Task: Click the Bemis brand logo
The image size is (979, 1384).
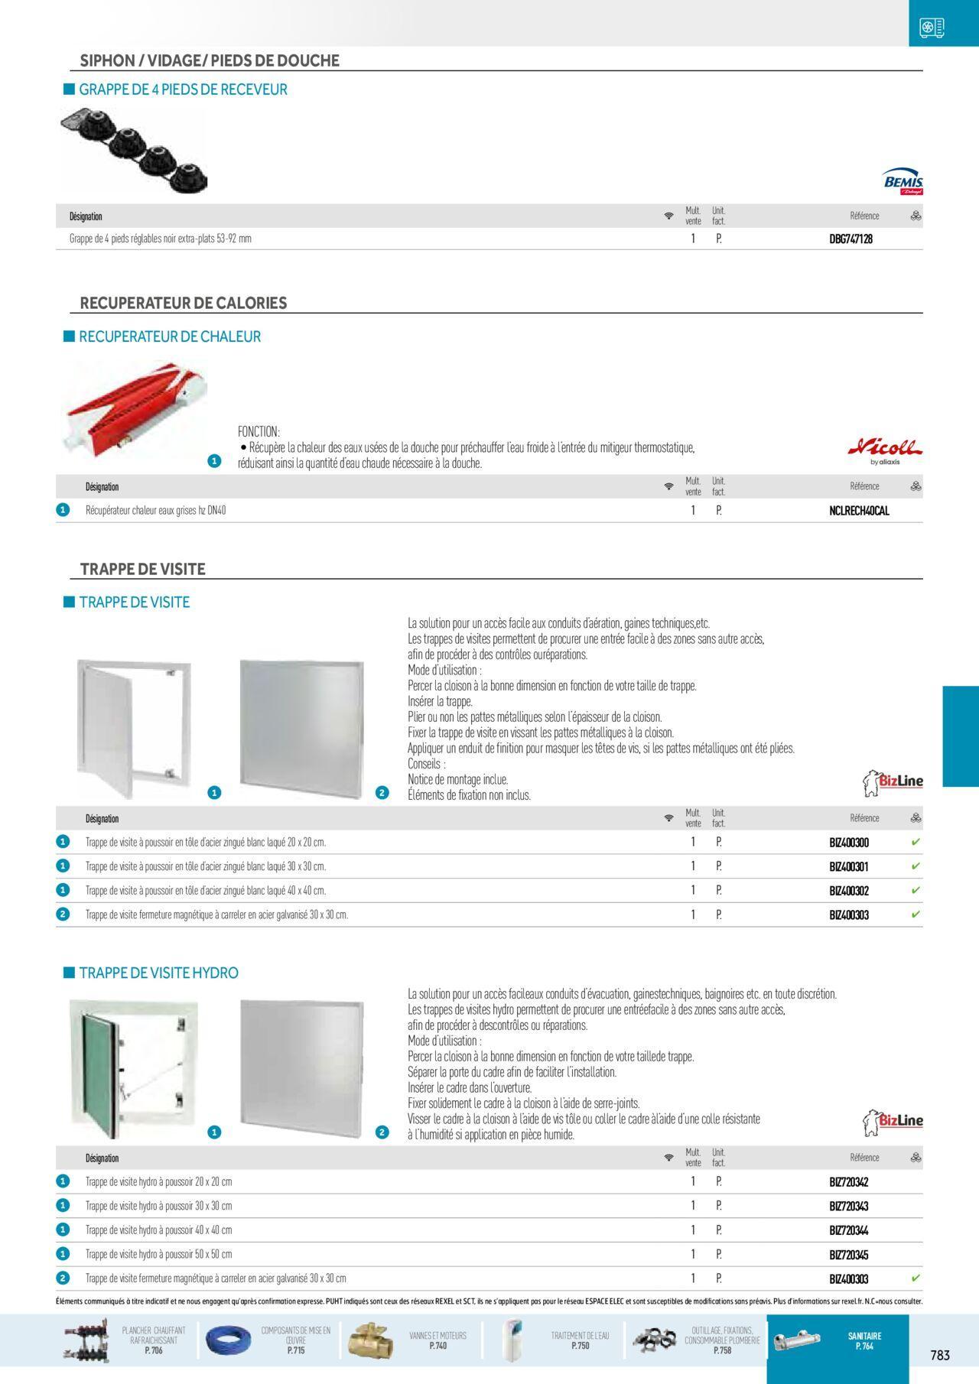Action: [x=903, y=182]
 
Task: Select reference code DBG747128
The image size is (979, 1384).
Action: [x=851, y=239]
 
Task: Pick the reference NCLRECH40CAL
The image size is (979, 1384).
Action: [x=859, y=511]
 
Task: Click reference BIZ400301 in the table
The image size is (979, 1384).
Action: [x=849, y=867]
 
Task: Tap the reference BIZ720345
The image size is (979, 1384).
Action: [x=849, y=1255]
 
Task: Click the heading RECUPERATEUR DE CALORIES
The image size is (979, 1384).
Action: [x=184, y=303]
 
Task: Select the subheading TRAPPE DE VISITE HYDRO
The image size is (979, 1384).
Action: [x=159, y=973]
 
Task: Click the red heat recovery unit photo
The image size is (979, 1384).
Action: [x=135, y=409]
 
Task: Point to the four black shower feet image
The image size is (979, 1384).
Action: [x=136, y=151]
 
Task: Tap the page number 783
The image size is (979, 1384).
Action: [x=940, y=1355]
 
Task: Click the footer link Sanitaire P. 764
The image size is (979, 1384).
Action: [x=864, y=1341]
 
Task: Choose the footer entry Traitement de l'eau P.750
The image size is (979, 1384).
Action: [x=580, y=1340]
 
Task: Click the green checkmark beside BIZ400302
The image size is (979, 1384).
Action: [x=916, y=891]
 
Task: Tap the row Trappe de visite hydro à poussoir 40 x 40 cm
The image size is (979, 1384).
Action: [x=158, y=1230]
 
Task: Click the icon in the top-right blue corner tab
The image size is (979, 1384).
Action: [x=932, y=28]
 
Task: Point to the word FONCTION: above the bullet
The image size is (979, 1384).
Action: [x=259, y=432]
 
